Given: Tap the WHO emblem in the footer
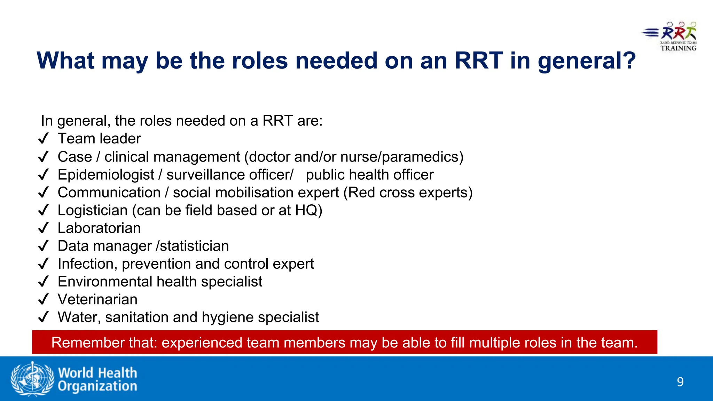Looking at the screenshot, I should tap(32, 378).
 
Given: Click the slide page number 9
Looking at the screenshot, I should tap(680, 382).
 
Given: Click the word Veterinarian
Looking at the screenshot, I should tap(97, 299).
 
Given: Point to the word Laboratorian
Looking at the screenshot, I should tap(99, 228).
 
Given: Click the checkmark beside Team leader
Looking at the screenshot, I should tap(43, 139).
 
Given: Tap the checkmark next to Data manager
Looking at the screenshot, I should tap(43, 246).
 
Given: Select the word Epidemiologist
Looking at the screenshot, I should tap(106, 175).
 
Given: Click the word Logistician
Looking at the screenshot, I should tap(93, 211).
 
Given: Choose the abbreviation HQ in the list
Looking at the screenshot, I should tap(306, 211).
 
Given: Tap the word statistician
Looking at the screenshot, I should tap(194, 246).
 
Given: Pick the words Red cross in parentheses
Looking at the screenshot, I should tap(381, 192).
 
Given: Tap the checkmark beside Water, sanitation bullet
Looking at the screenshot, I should tap(43, 317).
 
